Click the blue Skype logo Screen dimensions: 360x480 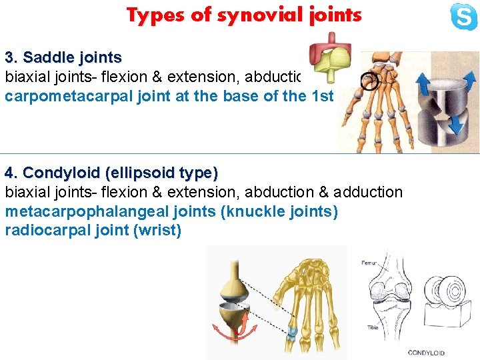tap(463, 17)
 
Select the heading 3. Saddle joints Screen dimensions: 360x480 tap(63, 57)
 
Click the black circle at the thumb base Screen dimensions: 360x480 tap(368, 81)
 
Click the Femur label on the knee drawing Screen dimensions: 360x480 tap(370, 263)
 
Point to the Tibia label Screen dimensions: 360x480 tap(373, 327)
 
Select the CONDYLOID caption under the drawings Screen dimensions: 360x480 tap(426, 353)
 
